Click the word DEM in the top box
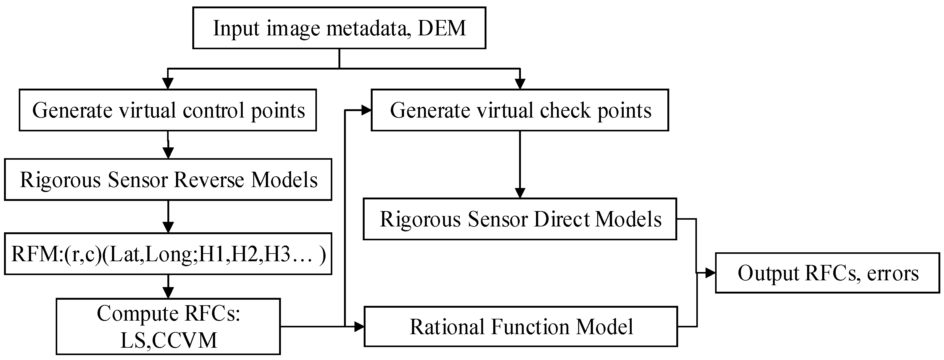point(442,28)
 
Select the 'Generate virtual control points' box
point(168,110)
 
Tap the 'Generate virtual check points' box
point(520,110)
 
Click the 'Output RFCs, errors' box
point(827,273)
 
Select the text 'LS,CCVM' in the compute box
point(168,340)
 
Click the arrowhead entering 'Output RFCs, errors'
point(710,273)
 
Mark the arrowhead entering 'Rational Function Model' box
point(359,326)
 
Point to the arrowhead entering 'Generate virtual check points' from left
point(366,110)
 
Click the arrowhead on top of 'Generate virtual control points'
point(168,84)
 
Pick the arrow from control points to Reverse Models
point(168,145)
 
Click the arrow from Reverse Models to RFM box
point(168,216)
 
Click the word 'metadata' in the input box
point(366,28)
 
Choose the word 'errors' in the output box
point(893,274)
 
